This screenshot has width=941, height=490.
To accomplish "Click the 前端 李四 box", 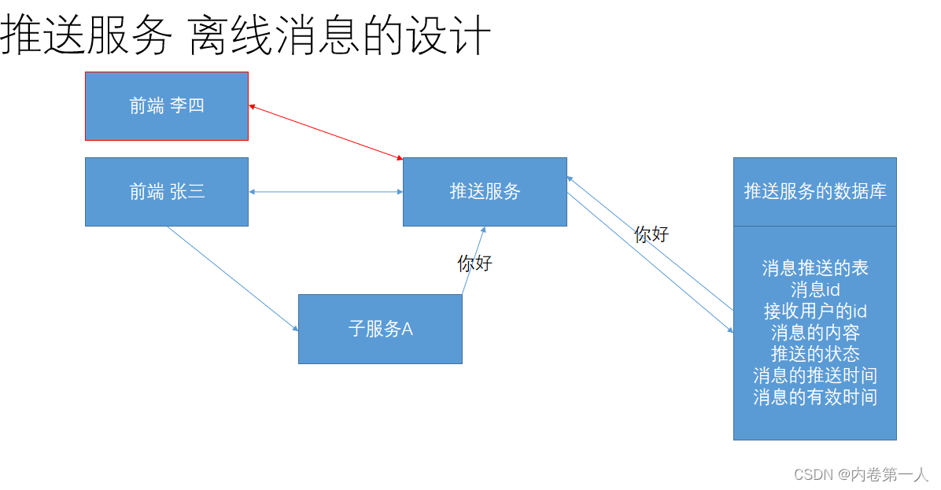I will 167,105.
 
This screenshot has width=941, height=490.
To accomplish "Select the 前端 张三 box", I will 167,191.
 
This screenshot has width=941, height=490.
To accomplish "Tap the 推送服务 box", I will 485,191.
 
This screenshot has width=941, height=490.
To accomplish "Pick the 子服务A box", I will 380,329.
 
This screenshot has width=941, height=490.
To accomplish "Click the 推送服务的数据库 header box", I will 814,191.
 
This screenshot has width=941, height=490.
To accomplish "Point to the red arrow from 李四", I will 326,131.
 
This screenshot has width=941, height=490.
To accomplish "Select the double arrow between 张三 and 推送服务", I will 326,191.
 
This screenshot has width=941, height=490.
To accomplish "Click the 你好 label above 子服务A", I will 474,263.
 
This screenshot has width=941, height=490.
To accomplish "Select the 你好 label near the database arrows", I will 651,234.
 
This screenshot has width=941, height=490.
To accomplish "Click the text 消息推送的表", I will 814,268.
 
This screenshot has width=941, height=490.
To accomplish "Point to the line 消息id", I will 814,289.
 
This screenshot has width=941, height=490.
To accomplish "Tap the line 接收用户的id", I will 814,311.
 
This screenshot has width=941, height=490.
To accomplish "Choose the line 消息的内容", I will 814,332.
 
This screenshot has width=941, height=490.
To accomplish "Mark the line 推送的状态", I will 814,353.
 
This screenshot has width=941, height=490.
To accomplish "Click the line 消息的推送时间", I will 814,375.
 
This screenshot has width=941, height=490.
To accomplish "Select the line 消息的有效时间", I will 814,396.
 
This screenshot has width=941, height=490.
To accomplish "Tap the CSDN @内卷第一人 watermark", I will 861,474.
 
